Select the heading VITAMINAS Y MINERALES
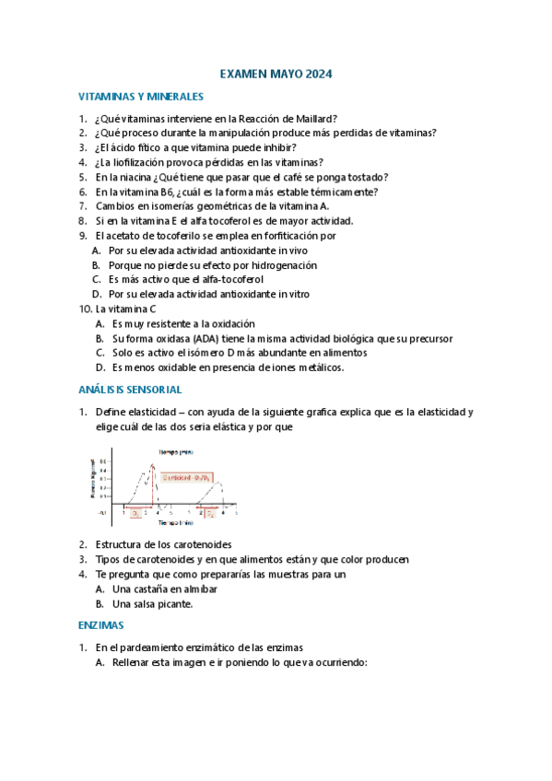[x=140, y=96]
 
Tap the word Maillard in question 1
[x=315, y=119]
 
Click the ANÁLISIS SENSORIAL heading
[x=130, y=390]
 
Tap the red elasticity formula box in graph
[x=187, y=477]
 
